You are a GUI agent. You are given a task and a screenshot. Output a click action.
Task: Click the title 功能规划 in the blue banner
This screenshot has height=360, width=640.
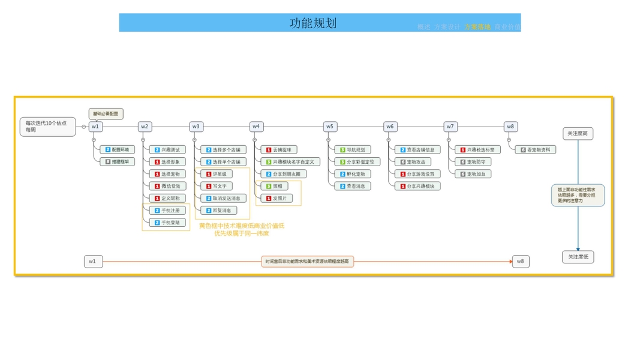tap(313, 23)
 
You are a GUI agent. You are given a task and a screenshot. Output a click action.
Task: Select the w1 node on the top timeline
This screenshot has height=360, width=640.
tap(95, 127)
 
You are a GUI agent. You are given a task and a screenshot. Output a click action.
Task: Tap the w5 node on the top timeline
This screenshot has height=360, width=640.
tap(329, 127)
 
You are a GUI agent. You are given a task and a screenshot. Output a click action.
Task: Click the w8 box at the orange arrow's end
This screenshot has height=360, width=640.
tap(521, 261)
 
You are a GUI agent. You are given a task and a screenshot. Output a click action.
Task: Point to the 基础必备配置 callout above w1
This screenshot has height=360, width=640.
tap(107, 113)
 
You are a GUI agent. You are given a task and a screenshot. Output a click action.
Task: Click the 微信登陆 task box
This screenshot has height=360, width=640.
tap(167, 186)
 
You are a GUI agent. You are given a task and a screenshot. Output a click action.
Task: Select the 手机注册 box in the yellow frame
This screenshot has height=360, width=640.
tap(167, 211)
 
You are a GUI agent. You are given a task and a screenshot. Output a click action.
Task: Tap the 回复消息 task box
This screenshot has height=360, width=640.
tap(218, 211)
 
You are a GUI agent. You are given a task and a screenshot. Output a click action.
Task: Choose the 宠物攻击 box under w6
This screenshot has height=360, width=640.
tap(413, 162)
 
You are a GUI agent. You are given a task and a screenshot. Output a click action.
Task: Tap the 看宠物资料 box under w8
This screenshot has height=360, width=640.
tap(535, 149)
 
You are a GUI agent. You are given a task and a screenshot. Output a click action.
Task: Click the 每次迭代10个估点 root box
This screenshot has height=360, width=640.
tap(47, 127)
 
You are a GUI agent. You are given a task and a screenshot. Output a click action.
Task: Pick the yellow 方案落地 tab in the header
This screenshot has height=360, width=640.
tap(477, 27)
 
